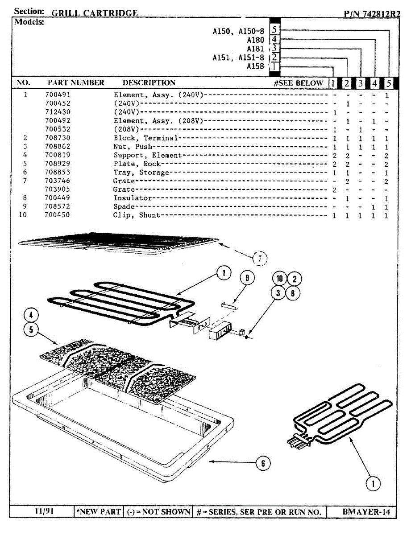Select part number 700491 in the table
click(x=58, y=95)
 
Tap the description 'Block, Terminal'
click(x=145, y=138)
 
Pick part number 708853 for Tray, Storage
click(x=58, y=173)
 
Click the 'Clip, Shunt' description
click(x=137, y=215)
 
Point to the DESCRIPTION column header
click(x=149, y=83)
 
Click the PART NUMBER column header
click(x=76, y=83)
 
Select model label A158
click(x=255, y=66)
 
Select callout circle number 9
click(x=247, y=278)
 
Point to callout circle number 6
click(x=263, y=463)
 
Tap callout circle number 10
click(x=280, y=279)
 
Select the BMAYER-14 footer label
click(x=366, y=512)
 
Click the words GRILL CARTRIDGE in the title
click(x=95, y=13)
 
